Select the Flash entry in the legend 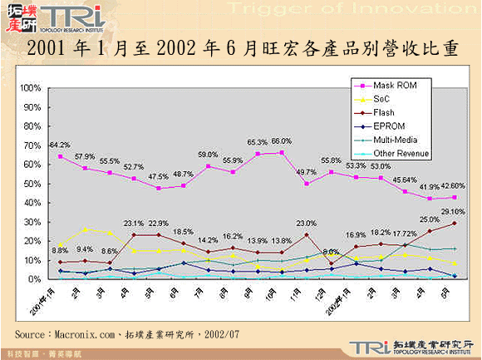pyautogui.click(x=383, y=113)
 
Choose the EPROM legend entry pyautogui.click(x=387, y=126)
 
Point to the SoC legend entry pyautogui.click(x=381, y=99)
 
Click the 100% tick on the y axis pyautogui.click(x=31, y=88)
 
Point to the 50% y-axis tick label pyautogui.click(x=33, y=184)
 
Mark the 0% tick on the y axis pyautogui.click(x=36, y=279)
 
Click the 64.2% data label pyautogui.click(x=58, y=145)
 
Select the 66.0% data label pyautogui.click(x=282, y=141)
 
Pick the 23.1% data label pyautogui.click(x=133, y=223)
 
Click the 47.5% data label pyautogui.click(x=158, y=177)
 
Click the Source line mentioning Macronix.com pyautogui.click(x=127, y=333)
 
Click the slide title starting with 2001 pyautogui.click(x=241, y=49)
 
